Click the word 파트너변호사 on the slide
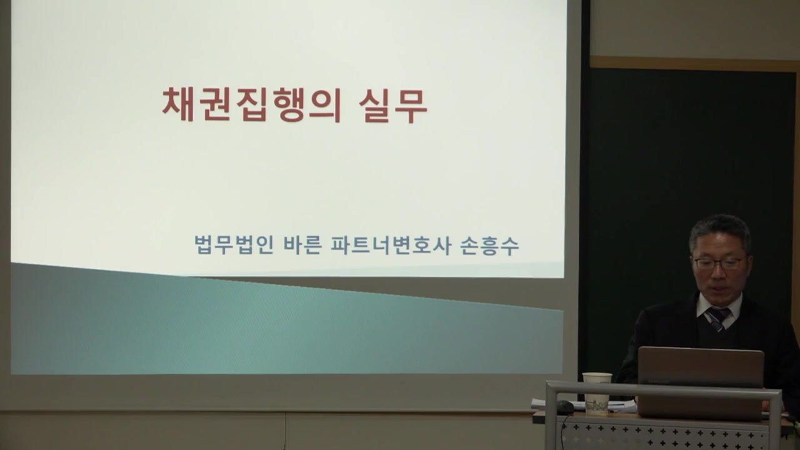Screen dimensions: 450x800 point(390,245)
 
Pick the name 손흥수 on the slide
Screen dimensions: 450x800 point(489,245)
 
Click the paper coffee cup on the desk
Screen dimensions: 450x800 point(597,394)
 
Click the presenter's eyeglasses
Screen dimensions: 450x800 point(719,263)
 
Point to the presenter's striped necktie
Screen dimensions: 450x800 point(716,318)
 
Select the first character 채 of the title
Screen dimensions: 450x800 point(176,104)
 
